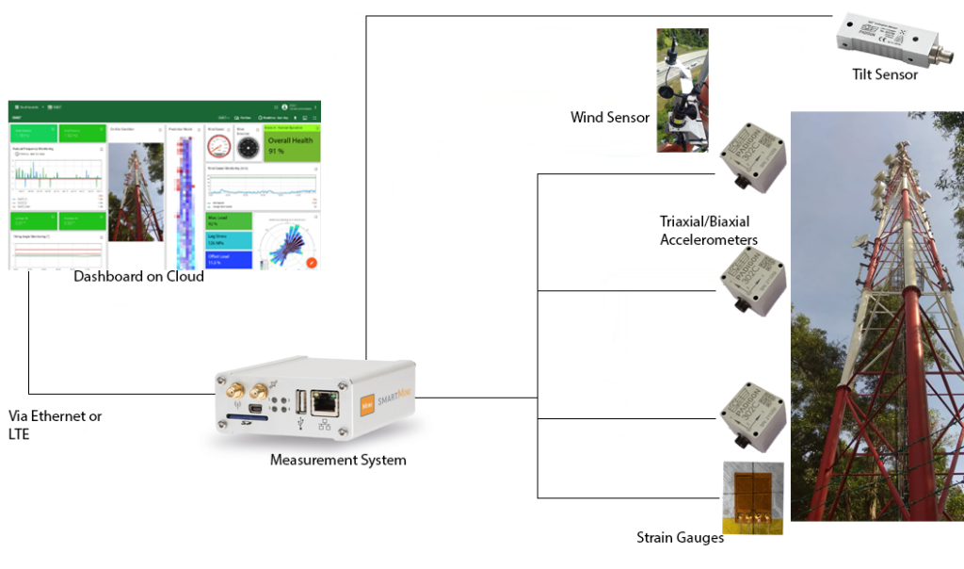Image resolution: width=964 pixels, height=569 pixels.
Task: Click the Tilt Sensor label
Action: coord(883,74)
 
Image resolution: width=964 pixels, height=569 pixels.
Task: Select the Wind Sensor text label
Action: coord(610,118)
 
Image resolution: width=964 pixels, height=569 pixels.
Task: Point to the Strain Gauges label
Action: coord(680,538)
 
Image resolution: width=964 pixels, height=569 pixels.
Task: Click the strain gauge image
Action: coord(752,496)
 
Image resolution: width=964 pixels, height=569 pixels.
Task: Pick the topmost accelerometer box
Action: coord(752,157)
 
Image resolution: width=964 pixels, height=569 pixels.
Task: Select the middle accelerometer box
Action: coord(752,282)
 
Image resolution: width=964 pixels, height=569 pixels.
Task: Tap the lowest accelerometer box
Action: coord(752,414)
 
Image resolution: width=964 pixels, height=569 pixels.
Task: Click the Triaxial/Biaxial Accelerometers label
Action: coord(709,231)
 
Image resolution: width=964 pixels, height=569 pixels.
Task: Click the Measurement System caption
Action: coord(338,461)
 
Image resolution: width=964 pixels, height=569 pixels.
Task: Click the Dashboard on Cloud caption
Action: coord(138,277)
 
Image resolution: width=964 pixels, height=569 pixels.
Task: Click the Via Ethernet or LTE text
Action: coord(55,425)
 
